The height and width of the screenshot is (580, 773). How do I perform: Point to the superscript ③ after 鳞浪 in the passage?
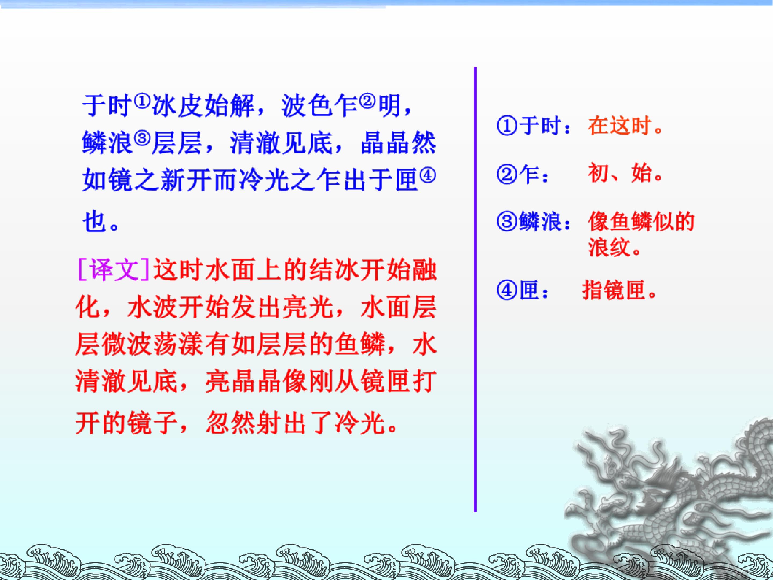[141, 139]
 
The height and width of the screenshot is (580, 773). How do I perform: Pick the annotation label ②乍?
[522, 174]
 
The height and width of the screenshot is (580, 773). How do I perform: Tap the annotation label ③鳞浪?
[533, 221]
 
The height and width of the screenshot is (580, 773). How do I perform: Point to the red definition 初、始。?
[626, 174]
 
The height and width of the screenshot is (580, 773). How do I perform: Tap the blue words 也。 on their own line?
[100, 221]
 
